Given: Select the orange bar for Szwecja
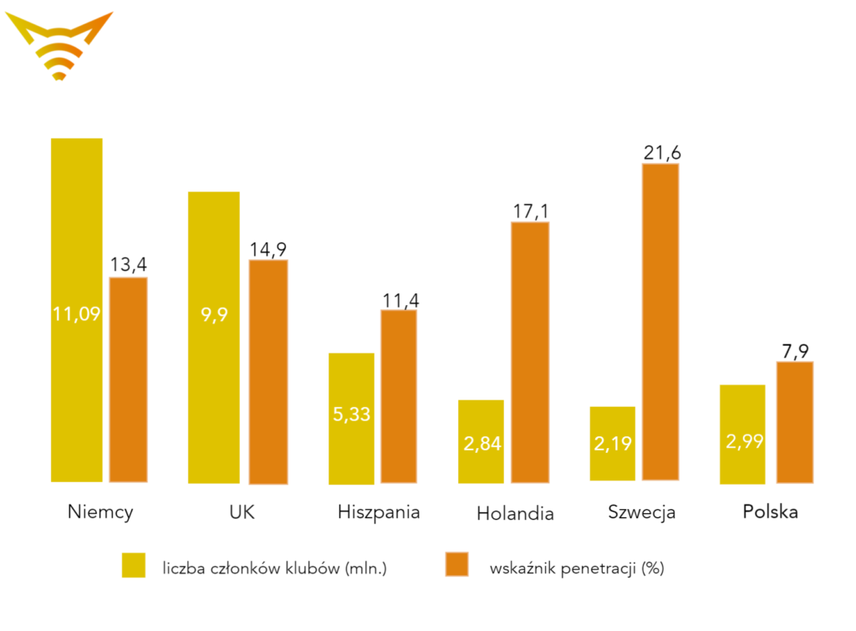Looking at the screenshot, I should click(660, 322).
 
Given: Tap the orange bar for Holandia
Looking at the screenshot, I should click(530, 351).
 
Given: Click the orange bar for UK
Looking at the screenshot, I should click(268, 372).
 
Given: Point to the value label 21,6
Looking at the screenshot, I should click(662, 152).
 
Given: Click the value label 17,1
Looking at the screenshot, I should click(531, 211).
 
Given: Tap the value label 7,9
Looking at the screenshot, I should click(795, 350).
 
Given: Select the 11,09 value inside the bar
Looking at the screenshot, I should click(77, 315).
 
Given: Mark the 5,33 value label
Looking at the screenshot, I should click(351, 415).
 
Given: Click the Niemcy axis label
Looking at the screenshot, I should click(100, 511).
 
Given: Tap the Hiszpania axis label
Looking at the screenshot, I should click(379, 511).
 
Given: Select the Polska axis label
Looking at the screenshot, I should click(770, 511).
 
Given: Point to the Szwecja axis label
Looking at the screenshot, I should click(642, 511).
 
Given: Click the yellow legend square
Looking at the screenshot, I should click(134, 565).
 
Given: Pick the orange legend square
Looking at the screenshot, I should click(456, 565).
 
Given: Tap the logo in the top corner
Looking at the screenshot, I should click(59, 46).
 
